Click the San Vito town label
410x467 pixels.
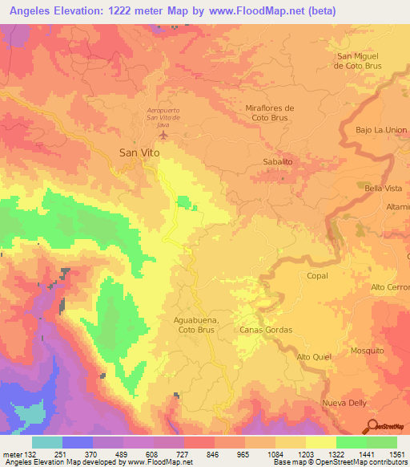coord(138,152)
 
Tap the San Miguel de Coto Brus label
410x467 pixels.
coord(360,60)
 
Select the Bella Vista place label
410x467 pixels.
coord(384,187)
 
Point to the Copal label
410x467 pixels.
coord(317,275)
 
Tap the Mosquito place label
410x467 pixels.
coord(367,351)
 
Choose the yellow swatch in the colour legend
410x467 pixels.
coord(320,442)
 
